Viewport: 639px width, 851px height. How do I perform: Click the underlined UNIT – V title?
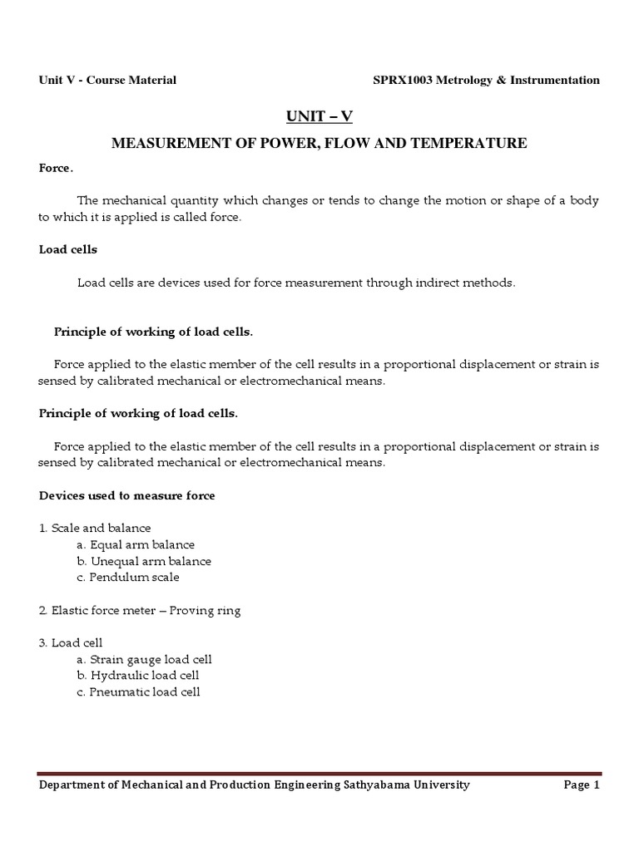click(x=319, y=116)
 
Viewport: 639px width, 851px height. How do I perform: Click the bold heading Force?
click(x=56, y=169)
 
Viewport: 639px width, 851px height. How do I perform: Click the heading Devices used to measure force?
click(x=126, y=495)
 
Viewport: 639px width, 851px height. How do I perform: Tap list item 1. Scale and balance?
click(x=95, y=529)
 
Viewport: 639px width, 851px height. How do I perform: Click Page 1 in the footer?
click(x=582, y=785)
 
